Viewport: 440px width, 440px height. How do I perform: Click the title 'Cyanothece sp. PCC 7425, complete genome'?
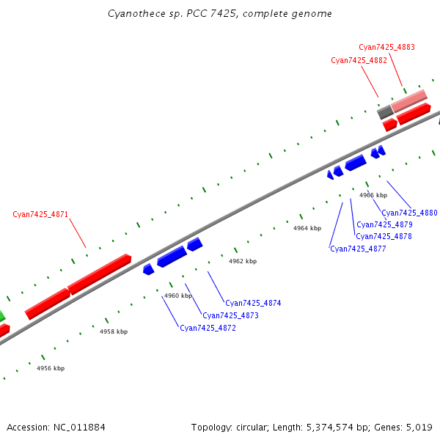pos(219,14)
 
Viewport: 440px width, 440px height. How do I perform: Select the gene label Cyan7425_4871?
pos(40,215)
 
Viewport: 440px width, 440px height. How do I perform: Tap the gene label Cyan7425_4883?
pos(386,47)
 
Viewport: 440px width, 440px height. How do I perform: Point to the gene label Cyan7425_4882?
pos(359,60)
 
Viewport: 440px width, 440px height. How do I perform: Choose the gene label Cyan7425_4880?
pos(409,213)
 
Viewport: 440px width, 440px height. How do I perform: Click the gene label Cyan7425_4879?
pos(384,224)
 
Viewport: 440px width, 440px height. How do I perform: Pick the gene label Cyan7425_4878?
pos(384,236)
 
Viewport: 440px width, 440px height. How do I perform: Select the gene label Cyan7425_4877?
pos(358,249)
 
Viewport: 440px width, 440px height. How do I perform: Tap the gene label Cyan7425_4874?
pos(253,303)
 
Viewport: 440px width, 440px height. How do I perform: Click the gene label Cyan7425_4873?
pos(230,315)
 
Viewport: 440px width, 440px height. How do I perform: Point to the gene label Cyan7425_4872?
pos(208,328)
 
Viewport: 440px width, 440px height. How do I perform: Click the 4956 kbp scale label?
pos(51,368)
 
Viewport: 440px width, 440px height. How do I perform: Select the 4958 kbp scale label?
pos(114,331)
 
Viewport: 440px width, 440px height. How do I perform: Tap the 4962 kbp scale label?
pos(243,261)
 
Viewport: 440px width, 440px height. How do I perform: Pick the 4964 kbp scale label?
pos(307,228)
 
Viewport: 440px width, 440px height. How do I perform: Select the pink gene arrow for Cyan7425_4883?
pos(408,100)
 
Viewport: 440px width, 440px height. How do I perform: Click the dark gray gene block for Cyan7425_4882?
pos(384,112)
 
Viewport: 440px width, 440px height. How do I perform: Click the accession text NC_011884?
pos(56,427)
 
